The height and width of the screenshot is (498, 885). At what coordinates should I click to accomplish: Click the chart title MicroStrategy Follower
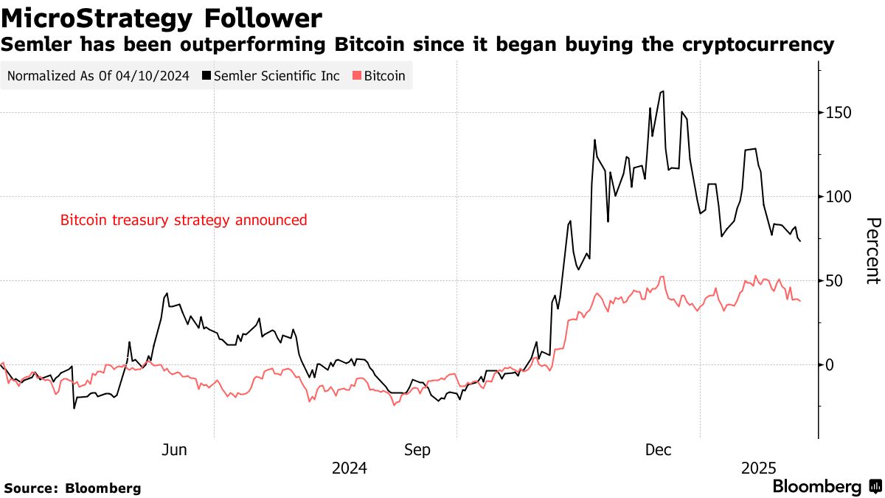point(162,18)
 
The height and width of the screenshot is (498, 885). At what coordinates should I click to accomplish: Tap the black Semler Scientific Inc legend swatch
point(207,76)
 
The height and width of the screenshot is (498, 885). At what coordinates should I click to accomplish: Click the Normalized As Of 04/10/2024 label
point(99,76)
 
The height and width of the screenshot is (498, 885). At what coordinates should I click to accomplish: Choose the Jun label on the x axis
point(174,450)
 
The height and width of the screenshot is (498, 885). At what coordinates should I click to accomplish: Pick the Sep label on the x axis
point(417,450)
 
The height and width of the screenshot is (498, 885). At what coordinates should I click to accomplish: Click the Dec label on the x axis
point(659,450)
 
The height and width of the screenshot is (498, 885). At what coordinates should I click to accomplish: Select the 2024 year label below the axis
point(350,468)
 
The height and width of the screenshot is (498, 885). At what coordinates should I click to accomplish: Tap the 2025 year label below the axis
point(759,468)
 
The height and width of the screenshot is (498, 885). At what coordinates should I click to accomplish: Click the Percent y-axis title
point(872,251)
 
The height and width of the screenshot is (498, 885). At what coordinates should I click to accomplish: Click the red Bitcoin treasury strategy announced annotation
point(184,220)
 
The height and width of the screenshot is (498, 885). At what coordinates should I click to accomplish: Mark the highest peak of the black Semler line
point(663,91)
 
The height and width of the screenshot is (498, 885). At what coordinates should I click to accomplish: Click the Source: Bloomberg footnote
point(72,488)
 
